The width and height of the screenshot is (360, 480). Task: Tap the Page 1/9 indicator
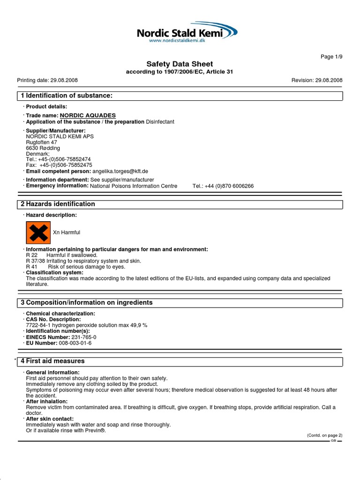[331, 57]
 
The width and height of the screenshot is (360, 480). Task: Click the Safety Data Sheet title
[180, 64]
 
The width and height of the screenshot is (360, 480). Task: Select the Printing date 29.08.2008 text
[47, 80]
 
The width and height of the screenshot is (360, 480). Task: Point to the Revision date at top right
[317, 80]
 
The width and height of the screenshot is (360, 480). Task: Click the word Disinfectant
[160, 122]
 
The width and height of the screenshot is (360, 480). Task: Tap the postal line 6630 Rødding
[43, 148]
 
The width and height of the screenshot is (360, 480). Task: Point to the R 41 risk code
[31, 267]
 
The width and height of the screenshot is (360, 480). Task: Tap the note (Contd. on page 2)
[324, 435]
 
